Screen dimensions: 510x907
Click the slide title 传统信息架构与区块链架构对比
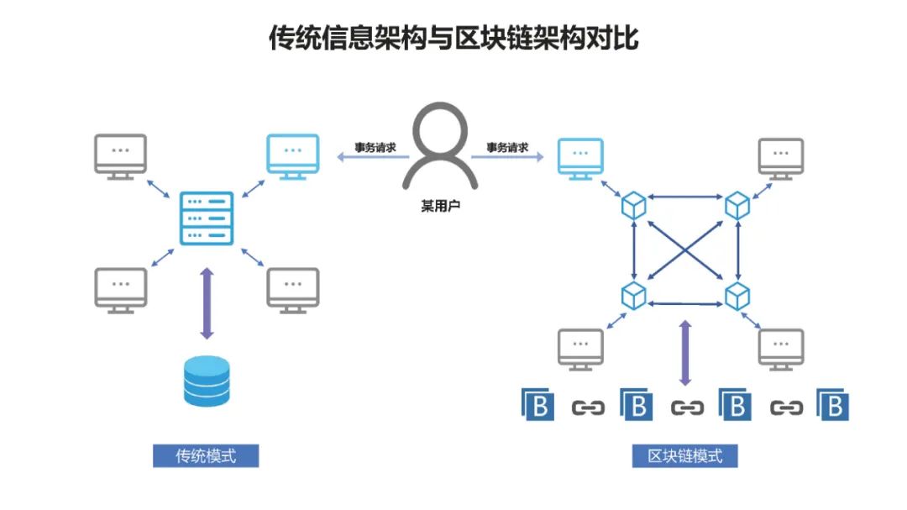pos(453,39)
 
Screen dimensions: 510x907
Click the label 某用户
pos(440,204)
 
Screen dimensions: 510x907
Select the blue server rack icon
pos(207,218)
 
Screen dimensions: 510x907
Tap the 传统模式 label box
pos(206,456)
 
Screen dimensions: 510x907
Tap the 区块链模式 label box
pos(684,456)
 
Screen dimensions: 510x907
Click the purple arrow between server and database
pos(207,303)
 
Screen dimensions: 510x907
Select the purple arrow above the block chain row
pos(685,352)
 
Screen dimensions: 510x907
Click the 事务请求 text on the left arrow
pos(375,148)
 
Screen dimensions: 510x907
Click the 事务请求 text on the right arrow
pos(507,148)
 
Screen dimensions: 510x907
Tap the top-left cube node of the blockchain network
pos(634,204)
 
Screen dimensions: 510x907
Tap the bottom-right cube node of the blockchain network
pos(737,296)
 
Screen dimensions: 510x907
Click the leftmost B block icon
pos(539,406)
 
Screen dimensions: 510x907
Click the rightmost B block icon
pos(834,406)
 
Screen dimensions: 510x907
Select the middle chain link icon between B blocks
pos(686,407)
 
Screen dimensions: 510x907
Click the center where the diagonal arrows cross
pos(685,250)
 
